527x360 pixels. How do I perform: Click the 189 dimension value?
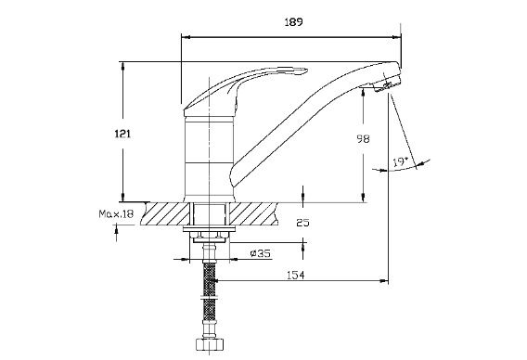pyautogui.click(x=293, y=22)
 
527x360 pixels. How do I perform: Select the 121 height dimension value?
pyautogui.click(x=122, y=135)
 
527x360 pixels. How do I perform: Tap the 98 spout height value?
pyautogui.click(x=363, y=139)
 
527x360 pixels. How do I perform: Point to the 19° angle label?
pyautogui.click(x=400, y=162)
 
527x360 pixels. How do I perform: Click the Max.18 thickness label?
pyautogui.click(x=116, y=213)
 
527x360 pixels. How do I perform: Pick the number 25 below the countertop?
pyautogui.click(x=302, y=223)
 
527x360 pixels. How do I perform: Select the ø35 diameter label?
pyautogui.click(x=261, y=253)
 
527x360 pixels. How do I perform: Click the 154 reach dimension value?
pyautogui.click(x=296, y=276)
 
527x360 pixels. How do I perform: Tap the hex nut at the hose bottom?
pyautogui.click(x=210, y=344)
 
